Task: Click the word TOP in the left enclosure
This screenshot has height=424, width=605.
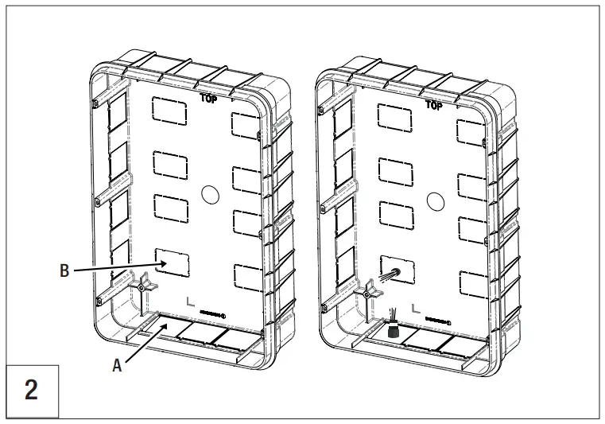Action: coord(209,99)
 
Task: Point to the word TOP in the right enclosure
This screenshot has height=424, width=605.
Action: coord(434,105)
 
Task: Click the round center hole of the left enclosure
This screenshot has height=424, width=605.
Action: coord(210,193)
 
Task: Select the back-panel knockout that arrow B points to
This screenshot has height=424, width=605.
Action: coord(173,262)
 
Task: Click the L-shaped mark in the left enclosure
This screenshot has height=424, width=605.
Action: coord(188,301)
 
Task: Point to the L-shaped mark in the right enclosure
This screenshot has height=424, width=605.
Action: coord(415,306)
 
